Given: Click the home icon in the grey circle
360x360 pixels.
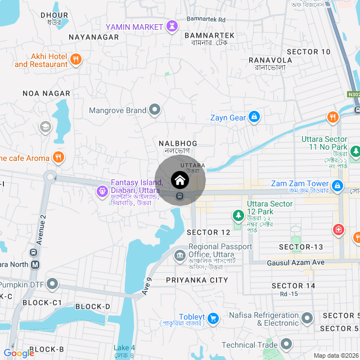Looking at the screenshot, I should [x=180, y=181].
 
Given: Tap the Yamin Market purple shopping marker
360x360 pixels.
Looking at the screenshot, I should [x=172, y=26].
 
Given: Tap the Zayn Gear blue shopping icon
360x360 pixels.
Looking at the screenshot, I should [x=254, y=117].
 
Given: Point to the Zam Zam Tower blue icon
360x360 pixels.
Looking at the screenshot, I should [x=337, y=184].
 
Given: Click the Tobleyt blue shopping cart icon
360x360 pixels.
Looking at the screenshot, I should [x=213, y=318].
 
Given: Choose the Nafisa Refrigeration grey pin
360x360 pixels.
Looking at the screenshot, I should [x=307, y=318].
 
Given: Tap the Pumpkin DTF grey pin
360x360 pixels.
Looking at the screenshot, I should [x=53, y=284].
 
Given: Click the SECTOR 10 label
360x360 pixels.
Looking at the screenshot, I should [x=309, y=52].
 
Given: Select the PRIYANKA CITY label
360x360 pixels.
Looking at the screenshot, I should [x=197, y=280].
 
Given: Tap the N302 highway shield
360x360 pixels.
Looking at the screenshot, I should [x=353, y=95].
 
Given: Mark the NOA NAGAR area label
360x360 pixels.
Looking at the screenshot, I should [x=46, y=93].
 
